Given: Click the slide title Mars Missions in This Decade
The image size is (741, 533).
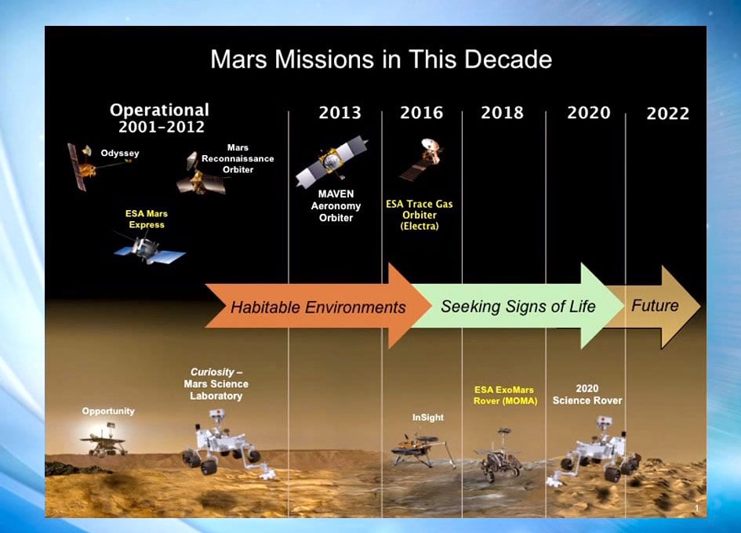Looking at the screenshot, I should (381, 60).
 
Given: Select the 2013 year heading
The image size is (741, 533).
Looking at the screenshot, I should (340, 113).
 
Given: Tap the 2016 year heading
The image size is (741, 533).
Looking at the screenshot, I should (421, 113).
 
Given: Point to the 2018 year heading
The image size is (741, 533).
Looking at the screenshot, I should (502, 113).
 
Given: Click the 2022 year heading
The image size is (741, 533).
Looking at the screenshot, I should (667, 114).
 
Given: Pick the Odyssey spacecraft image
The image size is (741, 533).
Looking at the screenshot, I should (82, 165).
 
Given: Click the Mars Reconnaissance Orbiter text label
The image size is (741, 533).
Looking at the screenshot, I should (238, 158).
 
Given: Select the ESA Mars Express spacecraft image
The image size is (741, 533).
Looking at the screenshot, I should (147, 250).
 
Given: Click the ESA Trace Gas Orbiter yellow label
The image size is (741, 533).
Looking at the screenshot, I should (419, 215).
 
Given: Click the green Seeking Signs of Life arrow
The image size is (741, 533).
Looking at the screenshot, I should (518, 306).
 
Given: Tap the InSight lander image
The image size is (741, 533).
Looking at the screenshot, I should (422, 451).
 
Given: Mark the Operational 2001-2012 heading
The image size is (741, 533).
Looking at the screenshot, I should (159, 118).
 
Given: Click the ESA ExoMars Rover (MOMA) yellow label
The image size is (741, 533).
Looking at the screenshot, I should (503, 395).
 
